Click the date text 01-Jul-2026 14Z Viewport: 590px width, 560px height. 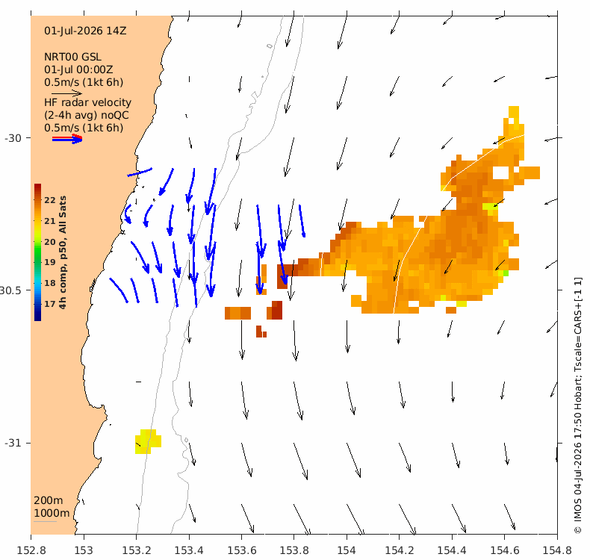[x=85, y=31]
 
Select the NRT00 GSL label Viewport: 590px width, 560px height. [x=72, y=57]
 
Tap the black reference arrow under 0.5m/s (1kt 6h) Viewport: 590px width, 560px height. [x=66, y=93]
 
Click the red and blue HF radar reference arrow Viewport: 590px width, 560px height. [x=67, y=139]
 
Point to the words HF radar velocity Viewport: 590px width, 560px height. [x=87, y=102]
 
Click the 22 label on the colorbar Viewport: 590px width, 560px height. [x=50, y=200]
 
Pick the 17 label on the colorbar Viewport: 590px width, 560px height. [x=50, y=304]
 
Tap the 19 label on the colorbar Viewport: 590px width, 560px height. [x=50, y=262]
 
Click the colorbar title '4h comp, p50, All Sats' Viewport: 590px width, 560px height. [x=63, y=252]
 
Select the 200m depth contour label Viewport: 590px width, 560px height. [x=48, y=500]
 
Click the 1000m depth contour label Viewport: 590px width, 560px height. [x=52, y=514]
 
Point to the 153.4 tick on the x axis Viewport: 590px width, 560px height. [x=189, y=550]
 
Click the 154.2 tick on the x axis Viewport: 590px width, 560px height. [x=400, y=550]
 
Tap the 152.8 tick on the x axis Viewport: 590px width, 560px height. [x=31, y=550]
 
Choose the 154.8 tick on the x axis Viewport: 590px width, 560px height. [x=557, y=550]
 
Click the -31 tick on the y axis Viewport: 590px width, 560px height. [x=13, y=443]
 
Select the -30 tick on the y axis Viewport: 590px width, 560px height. [x=13, y=138]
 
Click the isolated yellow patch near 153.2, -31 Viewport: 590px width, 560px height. [x=149, y=441]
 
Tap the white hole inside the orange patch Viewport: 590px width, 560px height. [x=501, y=172]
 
